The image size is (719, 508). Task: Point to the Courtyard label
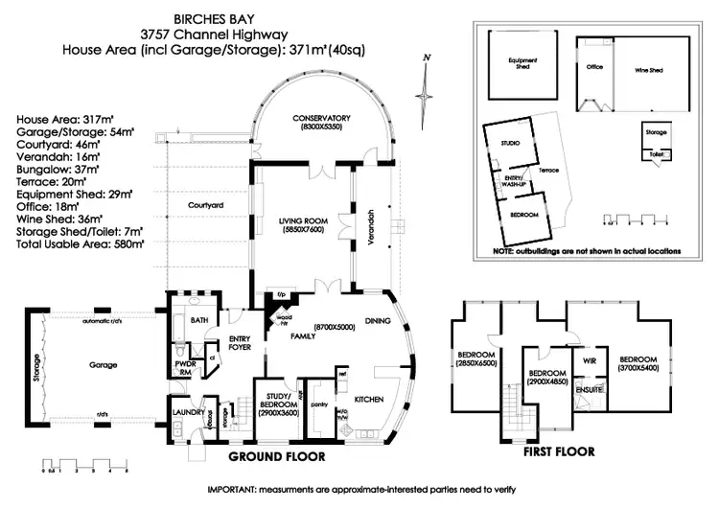(x=205, y=206)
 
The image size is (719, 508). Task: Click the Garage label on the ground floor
(x=104, y=365)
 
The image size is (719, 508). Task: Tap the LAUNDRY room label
(x=185, y=412)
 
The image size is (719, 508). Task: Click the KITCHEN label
(x=370, y=397)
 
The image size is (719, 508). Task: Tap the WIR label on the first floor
(x=589, y=359)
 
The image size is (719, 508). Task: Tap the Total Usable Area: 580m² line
(x=81, y=244)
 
